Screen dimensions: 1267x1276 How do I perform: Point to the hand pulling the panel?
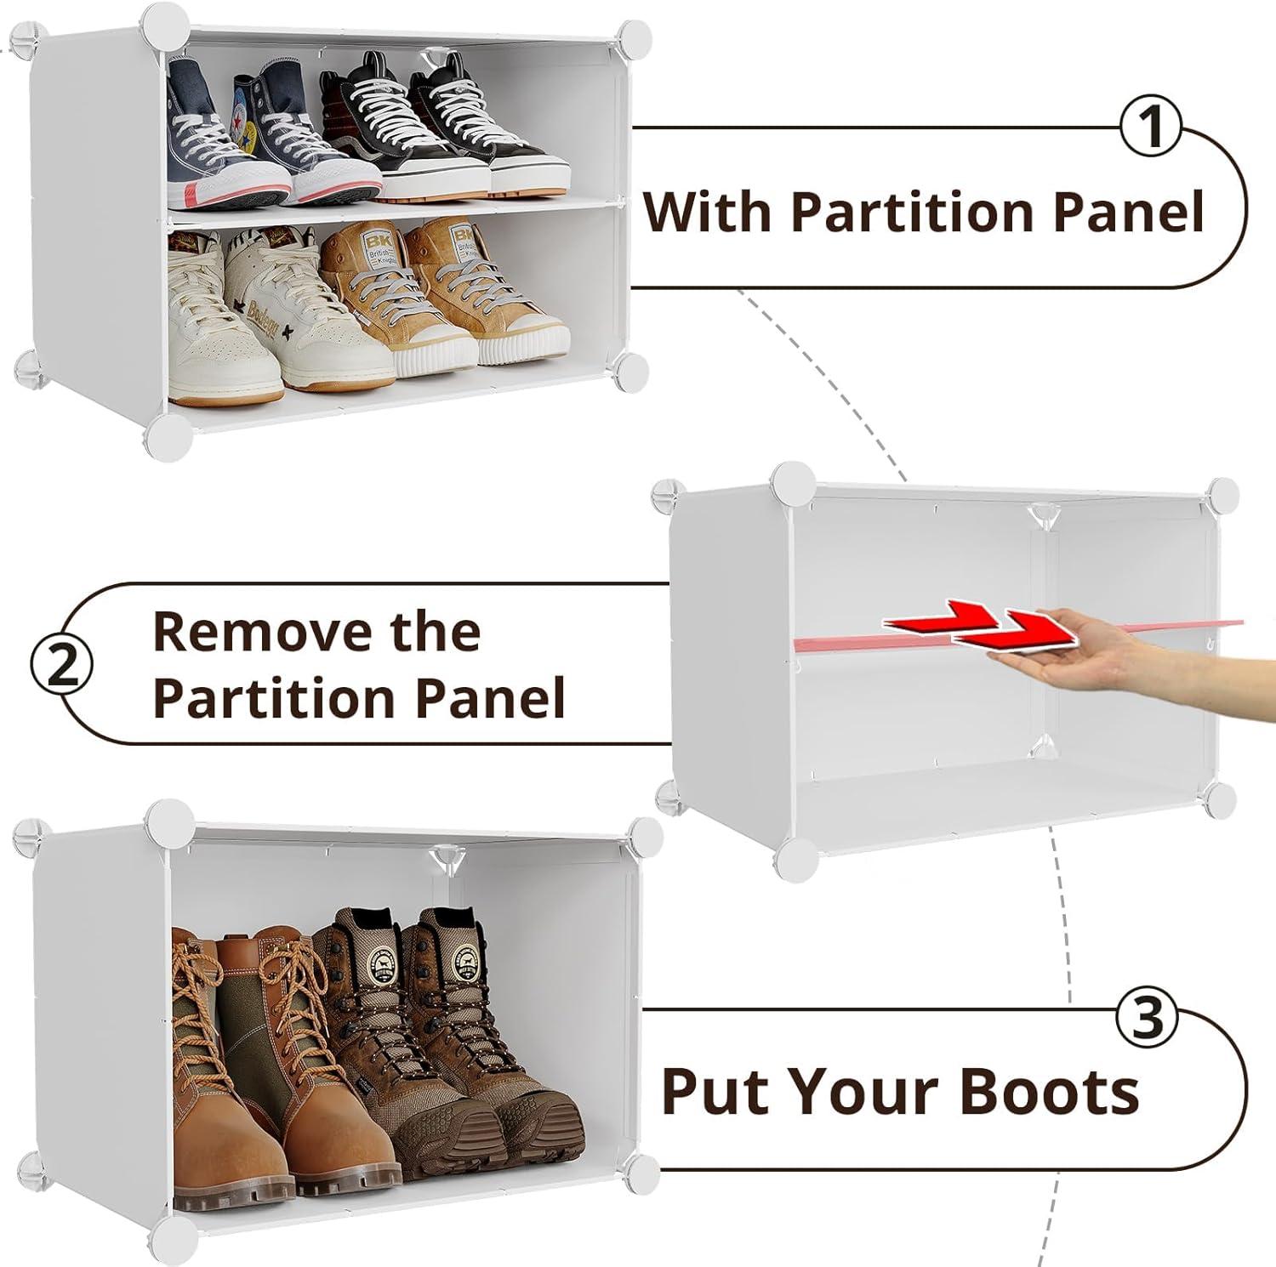1131,655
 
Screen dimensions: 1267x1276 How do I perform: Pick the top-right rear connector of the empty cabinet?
1222,494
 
